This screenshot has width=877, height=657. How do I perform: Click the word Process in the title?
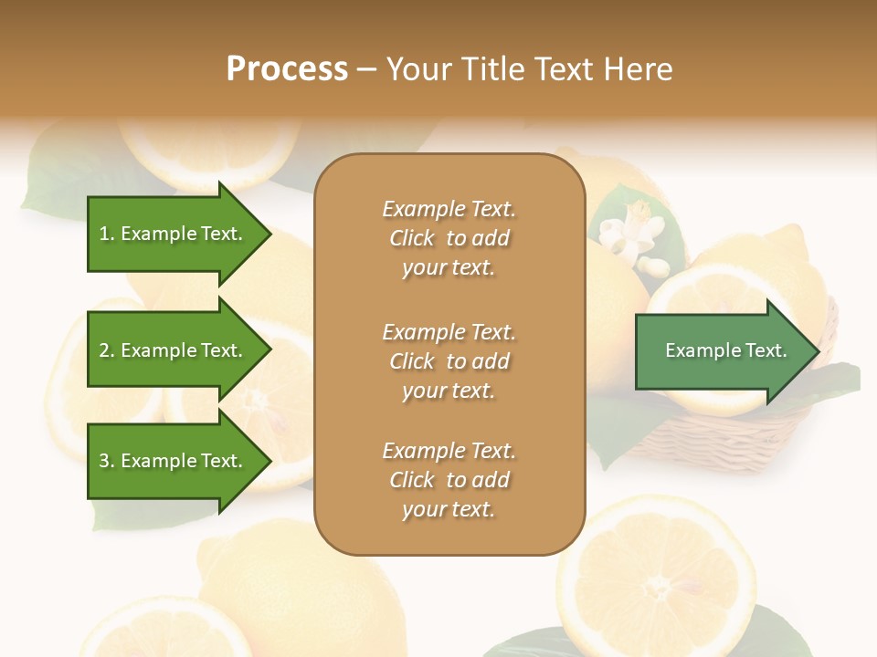[287, 69]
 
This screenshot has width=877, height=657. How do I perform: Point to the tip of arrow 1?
[269, 234]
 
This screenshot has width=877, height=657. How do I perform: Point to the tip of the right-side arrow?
[818, 351]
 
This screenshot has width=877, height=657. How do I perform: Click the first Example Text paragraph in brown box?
[449, 238]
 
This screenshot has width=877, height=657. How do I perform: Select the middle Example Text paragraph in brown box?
[449, 361]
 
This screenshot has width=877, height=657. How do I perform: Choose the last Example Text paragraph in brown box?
[449, 480]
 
